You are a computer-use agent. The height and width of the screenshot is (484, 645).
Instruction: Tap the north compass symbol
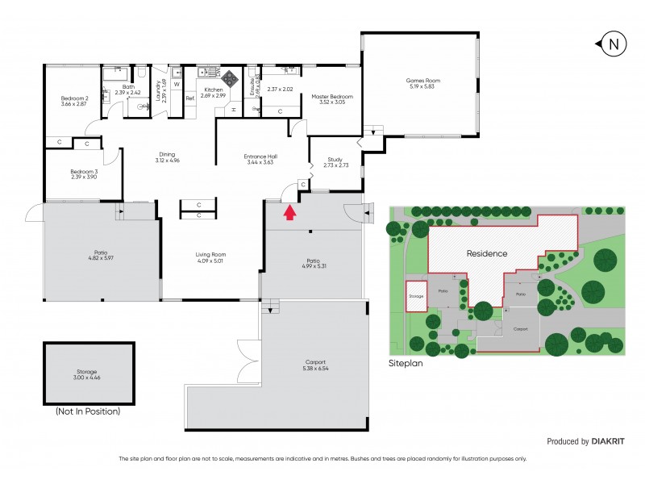coord(613,44)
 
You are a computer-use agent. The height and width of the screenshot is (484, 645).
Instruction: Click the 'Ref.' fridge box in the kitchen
coord(190,98)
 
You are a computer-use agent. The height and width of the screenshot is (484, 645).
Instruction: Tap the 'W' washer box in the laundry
coord(177,83)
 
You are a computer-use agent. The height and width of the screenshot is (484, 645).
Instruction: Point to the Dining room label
coord(167,154)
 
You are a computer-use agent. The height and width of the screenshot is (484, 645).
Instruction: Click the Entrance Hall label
coord(260,156)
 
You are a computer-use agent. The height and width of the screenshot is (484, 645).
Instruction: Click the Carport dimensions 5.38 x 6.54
coord(316,369)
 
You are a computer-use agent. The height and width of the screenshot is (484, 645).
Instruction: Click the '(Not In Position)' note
coord(88,411)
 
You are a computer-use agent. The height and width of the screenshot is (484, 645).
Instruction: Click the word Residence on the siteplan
coord(487,253)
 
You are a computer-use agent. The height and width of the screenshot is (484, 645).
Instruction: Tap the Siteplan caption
coord(406,364)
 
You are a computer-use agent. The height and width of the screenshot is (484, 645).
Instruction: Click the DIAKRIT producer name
coord(610,441)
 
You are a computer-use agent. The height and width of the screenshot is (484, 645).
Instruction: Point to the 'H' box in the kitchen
coord(234,109)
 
